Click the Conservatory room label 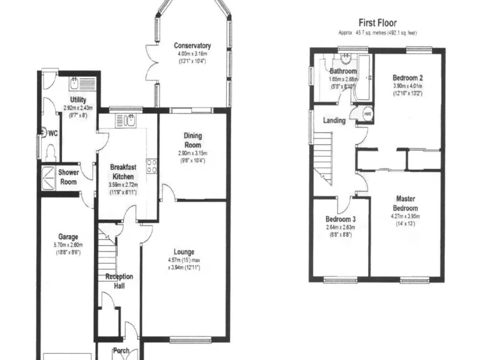click(192, 46)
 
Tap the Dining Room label click(192, 140)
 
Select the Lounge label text click(183, 252)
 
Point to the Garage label click(68, 237)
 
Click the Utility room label click(78, 100)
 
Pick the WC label click(53, 132)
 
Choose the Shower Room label click(69, 177)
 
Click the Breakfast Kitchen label click(122, 172)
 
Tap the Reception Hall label click(119, 281)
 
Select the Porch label click(121, 351)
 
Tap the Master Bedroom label click(405, 203)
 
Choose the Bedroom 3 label click(341, 219)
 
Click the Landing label click(334, 120)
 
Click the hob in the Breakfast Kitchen click(151, 166)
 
